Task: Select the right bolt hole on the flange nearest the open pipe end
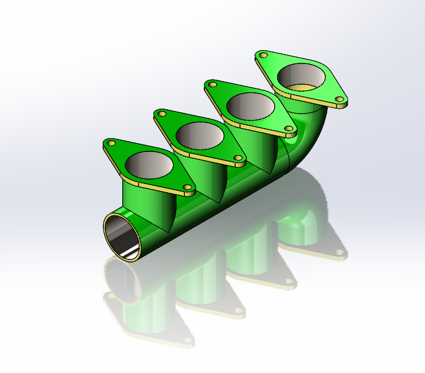(x=187, y=187)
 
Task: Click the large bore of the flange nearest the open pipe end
(x=149, y=165)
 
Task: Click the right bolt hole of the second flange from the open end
(x=238, y=158)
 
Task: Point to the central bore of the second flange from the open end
(x=200, y=136)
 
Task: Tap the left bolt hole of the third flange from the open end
(x=214, y=85)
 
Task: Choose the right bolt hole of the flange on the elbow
(x=340, y=99)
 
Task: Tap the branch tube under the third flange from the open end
(x=263, y=151)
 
